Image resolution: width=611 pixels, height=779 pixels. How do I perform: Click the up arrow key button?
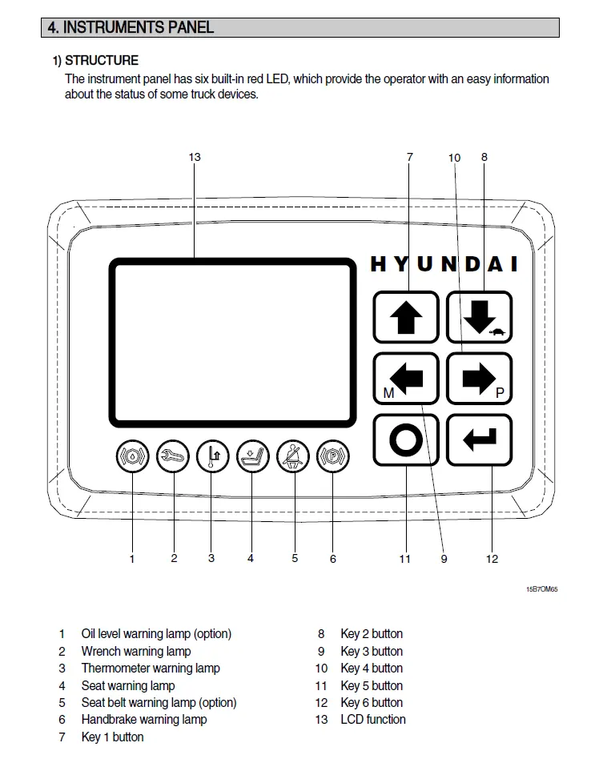pos(406,317)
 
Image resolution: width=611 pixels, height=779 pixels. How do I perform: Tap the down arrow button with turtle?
pos(480,317)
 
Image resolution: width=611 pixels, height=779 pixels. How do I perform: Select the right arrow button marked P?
pos(480,379)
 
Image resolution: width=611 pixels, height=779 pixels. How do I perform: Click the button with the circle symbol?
pos(406,440)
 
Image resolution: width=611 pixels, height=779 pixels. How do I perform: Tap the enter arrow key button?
pos(480,440)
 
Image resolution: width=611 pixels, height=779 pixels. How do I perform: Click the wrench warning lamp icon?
pos(173,456)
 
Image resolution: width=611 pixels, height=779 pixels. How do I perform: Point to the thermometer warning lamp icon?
pos(212,456)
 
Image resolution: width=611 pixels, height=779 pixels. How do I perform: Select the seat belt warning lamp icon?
pos(292,456)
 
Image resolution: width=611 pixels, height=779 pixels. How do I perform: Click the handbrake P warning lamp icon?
pos(333,456)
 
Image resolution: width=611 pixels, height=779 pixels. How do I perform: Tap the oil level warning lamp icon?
pos(133,456)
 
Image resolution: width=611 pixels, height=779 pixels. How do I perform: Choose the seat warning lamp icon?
pos(253,456)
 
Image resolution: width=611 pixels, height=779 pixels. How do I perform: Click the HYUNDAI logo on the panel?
pos(444,264)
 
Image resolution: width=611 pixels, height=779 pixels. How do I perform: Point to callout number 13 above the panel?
pos(195,157)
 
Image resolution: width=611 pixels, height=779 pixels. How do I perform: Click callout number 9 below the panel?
pos(444,559)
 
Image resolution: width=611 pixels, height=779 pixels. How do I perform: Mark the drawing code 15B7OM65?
pos(542,589)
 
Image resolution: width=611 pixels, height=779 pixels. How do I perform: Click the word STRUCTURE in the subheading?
pos(102,61)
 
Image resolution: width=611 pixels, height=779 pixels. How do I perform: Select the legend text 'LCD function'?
pos(373,720)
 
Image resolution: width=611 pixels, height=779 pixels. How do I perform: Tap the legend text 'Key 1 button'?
pos(112,737)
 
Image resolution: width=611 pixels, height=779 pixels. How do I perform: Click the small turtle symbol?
pos(497,331)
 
